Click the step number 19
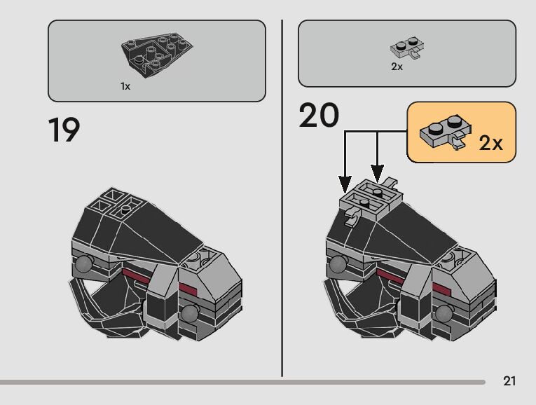(x=64, y=130)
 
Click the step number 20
(x=319, y=116)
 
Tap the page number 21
(x=509, y=381)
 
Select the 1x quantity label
(x=125, y=86)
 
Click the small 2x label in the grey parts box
(x=397, y=67)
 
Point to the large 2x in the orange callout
(x=491, y=143)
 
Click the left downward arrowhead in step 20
(x=345, y=186)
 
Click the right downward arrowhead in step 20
(x=377, y=172)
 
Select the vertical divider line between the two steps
(x=282, y=196)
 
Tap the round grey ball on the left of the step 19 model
(x=84, y=264)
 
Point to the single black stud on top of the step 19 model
(x=125, y=209)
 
